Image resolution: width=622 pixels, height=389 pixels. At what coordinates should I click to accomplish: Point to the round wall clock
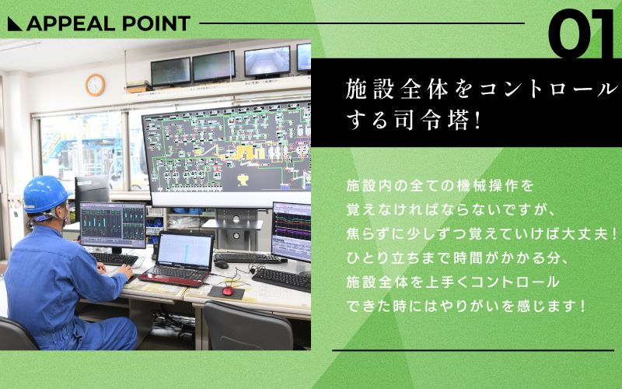click(95, 84)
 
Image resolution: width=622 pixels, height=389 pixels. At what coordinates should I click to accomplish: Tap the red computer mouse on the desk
click(227, 291)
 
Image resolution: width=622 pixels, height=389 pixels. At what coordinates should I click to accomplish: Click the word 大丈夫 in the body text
click(578, 233)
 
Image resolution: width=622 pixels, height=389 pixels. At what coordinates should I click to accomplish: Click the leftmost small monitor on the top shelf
click(170, 72)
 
